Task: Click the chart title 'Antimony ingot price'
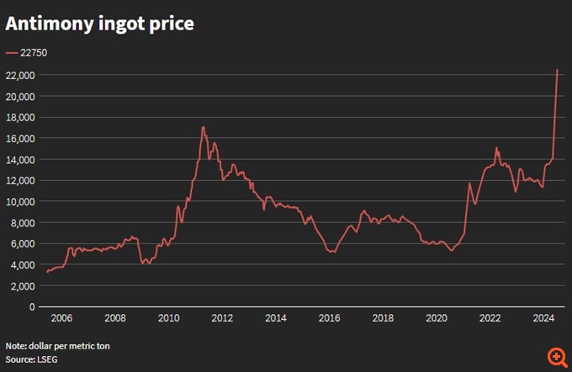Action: click(100, 24)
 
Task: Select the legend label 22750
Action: click(34, 53)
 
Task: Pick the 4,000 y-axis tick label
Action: click(19, 264)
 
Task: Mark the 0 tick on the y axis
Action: click(30, 306)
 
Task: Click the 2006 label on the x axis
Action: click(61, 319)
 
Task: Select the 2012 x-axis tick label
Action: click(222, 319)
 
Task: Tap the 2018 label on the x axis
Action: click(383, 319)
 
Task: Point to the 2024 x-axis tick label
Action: click(543, 319)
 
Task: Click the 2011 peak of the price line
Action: click(203, 127)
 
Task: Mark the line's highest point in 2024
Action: click(557, 69)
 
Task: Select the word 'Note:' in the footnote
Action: click(17, 346)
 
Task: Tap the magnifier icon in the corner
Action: click(556, 357)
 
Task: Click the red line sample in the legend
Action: click(11, 53)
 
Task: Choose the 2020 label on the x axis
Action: click(437, 319)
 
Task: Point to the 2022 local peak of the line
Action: click(496, 148)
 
